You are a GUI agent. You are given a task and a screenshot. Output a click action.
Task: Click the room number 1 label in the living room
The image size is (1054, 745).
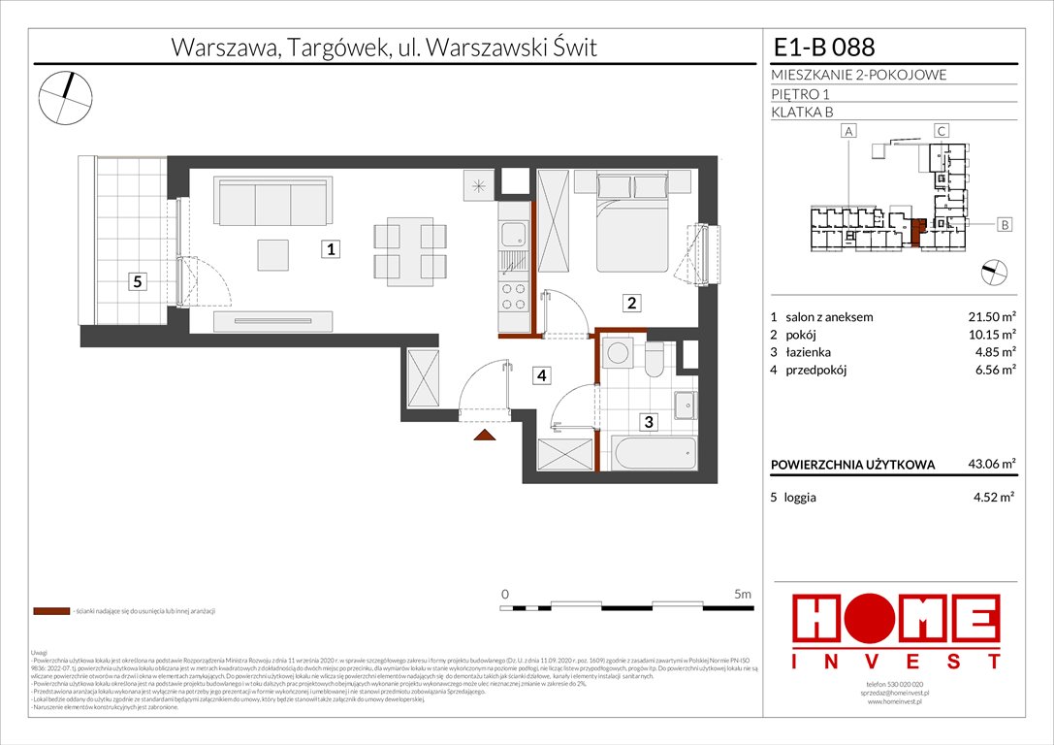331,249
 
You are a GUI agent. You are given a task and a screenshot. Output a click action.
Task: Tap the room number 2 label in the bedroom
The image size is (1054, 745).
631,304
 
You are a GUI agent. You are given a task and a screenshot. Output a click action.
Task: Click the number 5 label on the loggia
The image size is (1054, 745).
139,282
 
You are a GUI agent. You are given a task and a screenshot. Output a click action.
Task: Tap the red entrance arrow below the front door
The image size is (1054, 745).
482,436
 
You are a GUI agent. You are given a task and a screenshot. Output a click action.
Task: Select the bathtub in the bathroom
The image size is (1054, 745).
653,454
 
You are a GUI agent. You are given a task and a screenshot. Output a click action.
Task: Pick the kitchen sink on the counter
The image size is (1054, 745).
511,234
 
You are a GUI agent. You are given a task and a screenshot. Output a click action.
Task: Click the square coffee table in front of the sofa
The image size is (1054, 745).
272,254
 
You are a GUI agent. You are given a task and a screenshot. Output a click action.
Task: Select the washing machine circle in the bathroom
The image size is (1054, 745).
616,356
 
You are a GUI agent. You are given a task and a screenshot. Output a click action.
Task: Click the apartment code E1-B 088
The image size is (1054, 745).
823,47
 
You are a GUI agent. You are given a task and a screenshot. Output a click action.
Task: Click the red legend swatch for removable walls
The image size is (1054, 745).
51,612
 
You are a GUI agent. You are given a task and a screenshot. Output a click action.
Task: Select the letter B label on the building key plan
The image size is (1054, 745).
1005,225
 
